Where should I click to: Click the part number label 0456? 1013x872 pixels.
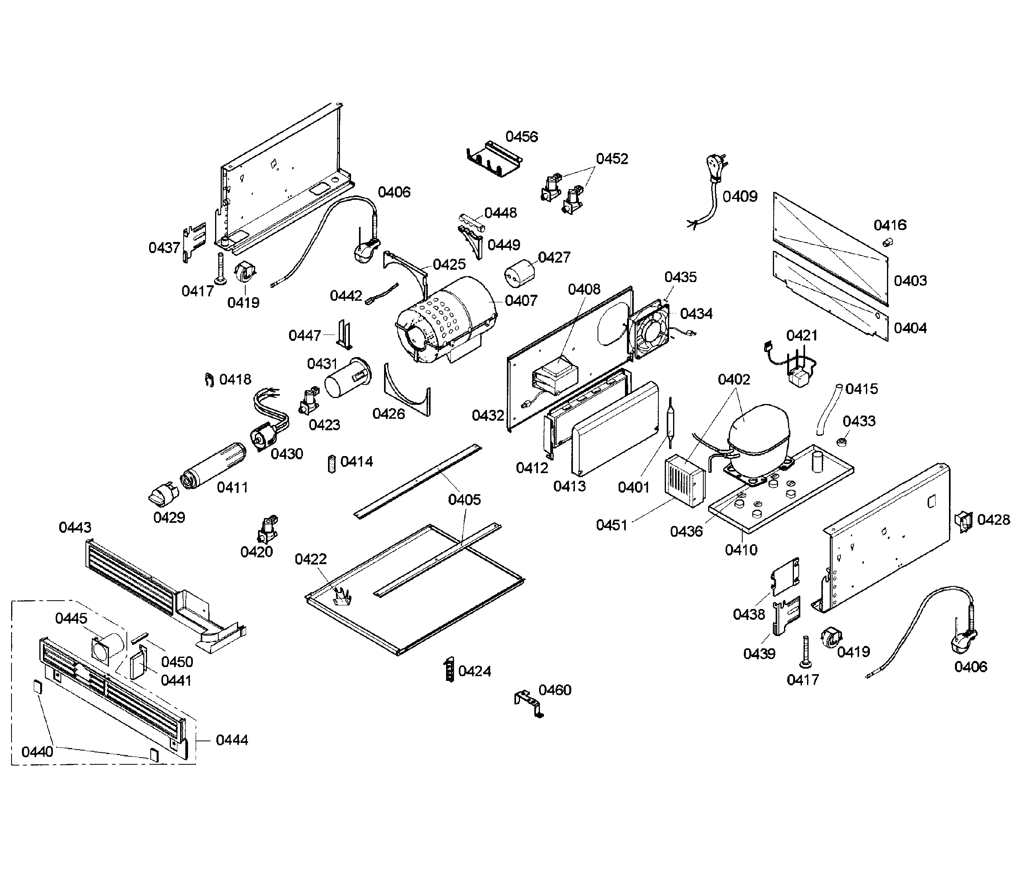(x=522, y=137)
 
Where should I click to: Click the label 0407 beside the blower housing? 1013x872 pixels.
(x=521, y=300)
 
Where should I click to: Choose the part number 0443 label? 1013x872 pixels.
(x=75, y=528)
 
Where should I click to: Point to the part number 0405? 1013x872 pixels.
(x=464, y=500)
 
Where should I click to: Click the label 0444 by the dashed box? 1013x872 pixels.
(x=232, y=740)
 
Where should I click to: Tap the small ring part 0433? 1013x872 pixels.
(x=841, y=442)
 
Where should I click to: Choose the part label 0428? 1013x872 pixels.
(x=994, y=520)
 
